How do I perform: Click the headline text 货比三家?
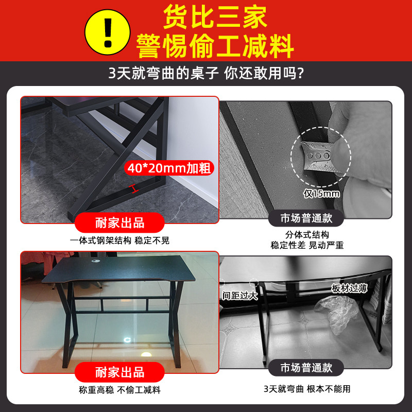[215, 17]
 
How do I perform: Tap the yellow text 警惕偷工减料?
[215, 46]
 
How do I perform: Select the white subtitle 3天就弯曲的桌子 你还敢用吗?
[205, 73]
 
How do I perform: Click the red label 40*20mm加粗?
[169, 168]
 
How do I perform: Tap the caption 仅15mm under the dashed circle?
[321, 194]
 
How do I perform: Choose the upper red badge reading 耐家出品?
[120, 223]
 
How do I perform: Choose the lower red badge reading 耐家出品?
[120, 372]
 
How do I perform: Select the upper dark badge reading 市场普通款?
[306, 218]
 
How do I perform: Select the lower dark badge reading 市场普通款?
[306, 368]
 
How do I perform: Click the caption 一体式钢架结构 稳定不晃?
[119, 241]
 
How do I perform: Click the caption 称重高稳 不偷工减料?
[119, 389]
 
